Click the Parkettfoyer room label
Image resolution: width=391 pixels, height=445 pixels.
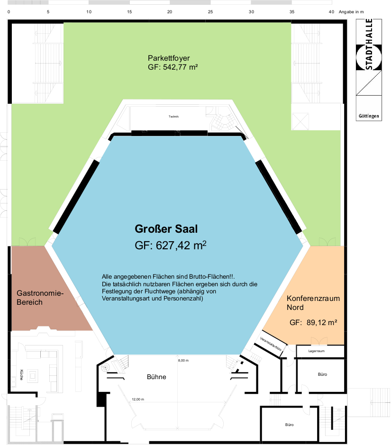[169, 58]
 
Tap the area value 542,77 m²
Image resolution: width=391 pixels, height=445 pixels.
[180, 67]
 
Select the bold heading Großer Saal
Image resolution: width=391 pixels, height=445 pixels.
[166, 229]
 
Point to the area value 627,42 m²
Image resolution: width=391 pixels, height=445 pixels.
[181, 245]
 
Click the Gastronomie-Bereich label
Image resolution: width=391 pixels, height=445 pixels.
[40, 298]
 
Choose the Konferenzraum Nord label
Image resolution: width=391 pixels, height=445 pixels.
[313, 302]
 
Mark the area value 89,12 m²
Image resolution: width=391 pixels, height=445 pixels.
[322, 322]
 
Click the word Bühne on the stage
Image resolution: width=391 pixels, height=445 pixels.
[156, 377]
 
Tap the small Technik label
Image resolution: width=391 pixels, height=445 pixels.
[173, 117]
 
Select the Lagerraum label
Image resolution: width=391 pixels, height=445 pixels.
[317, 351]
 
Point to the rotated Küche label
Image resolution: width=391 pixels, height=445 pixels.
[22, 374]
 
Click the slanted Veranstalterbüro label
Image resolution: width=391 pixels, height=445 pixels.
[271, 344]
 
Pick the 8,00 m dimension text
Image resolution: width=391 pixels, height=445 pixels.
[183, 361]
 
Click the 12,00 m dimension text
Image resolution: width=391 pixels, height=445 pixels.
[138, 400]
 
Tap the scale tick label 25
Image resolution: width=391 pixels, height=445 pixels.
[210, 12]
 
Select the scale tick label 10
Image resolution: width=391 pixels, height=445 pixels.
[89, 12]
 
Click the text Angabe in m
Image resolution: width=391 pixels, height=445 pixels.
[351, 12]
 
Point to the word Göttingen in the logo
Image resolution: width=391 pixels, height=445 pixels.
[369, 116]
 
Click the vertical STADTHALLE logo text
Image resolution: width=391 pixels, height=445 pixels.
[369, 44]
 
